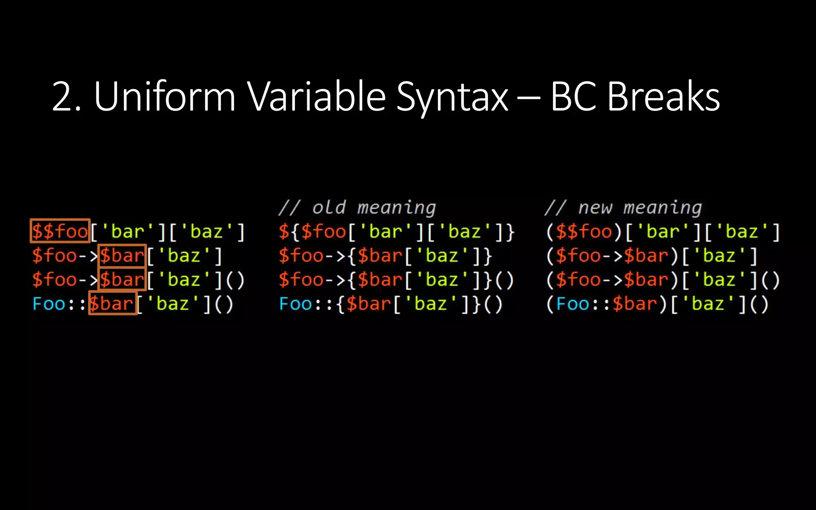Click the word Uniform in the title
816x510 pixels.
point(165,96)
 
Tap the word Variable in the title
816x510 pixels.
point(316,96)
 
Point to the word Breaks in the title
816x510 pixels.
point(663,96)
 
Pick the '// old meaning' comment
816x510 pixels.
point(357,208)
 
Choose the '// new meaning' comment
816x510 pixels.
point(623,208)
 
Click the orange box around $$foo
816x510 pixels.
point(60,231)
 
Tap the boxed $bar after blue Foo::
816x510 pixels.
point(112,303)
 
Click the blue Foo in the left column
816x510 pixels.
point(49,304)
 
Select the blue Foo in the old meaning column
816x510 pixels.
point(296,304)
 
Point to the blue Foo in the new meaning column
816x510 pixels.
point(573,304)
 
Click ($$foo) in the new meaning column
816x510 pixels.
point(584,231)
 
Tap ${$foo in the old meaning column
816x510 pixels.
point(313,231)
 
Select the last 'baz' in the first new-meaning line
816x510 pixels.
point(741,231)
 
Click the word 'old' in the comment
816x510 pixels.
point(329,208)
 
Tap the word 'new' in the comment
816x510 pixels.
point(595,208)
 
